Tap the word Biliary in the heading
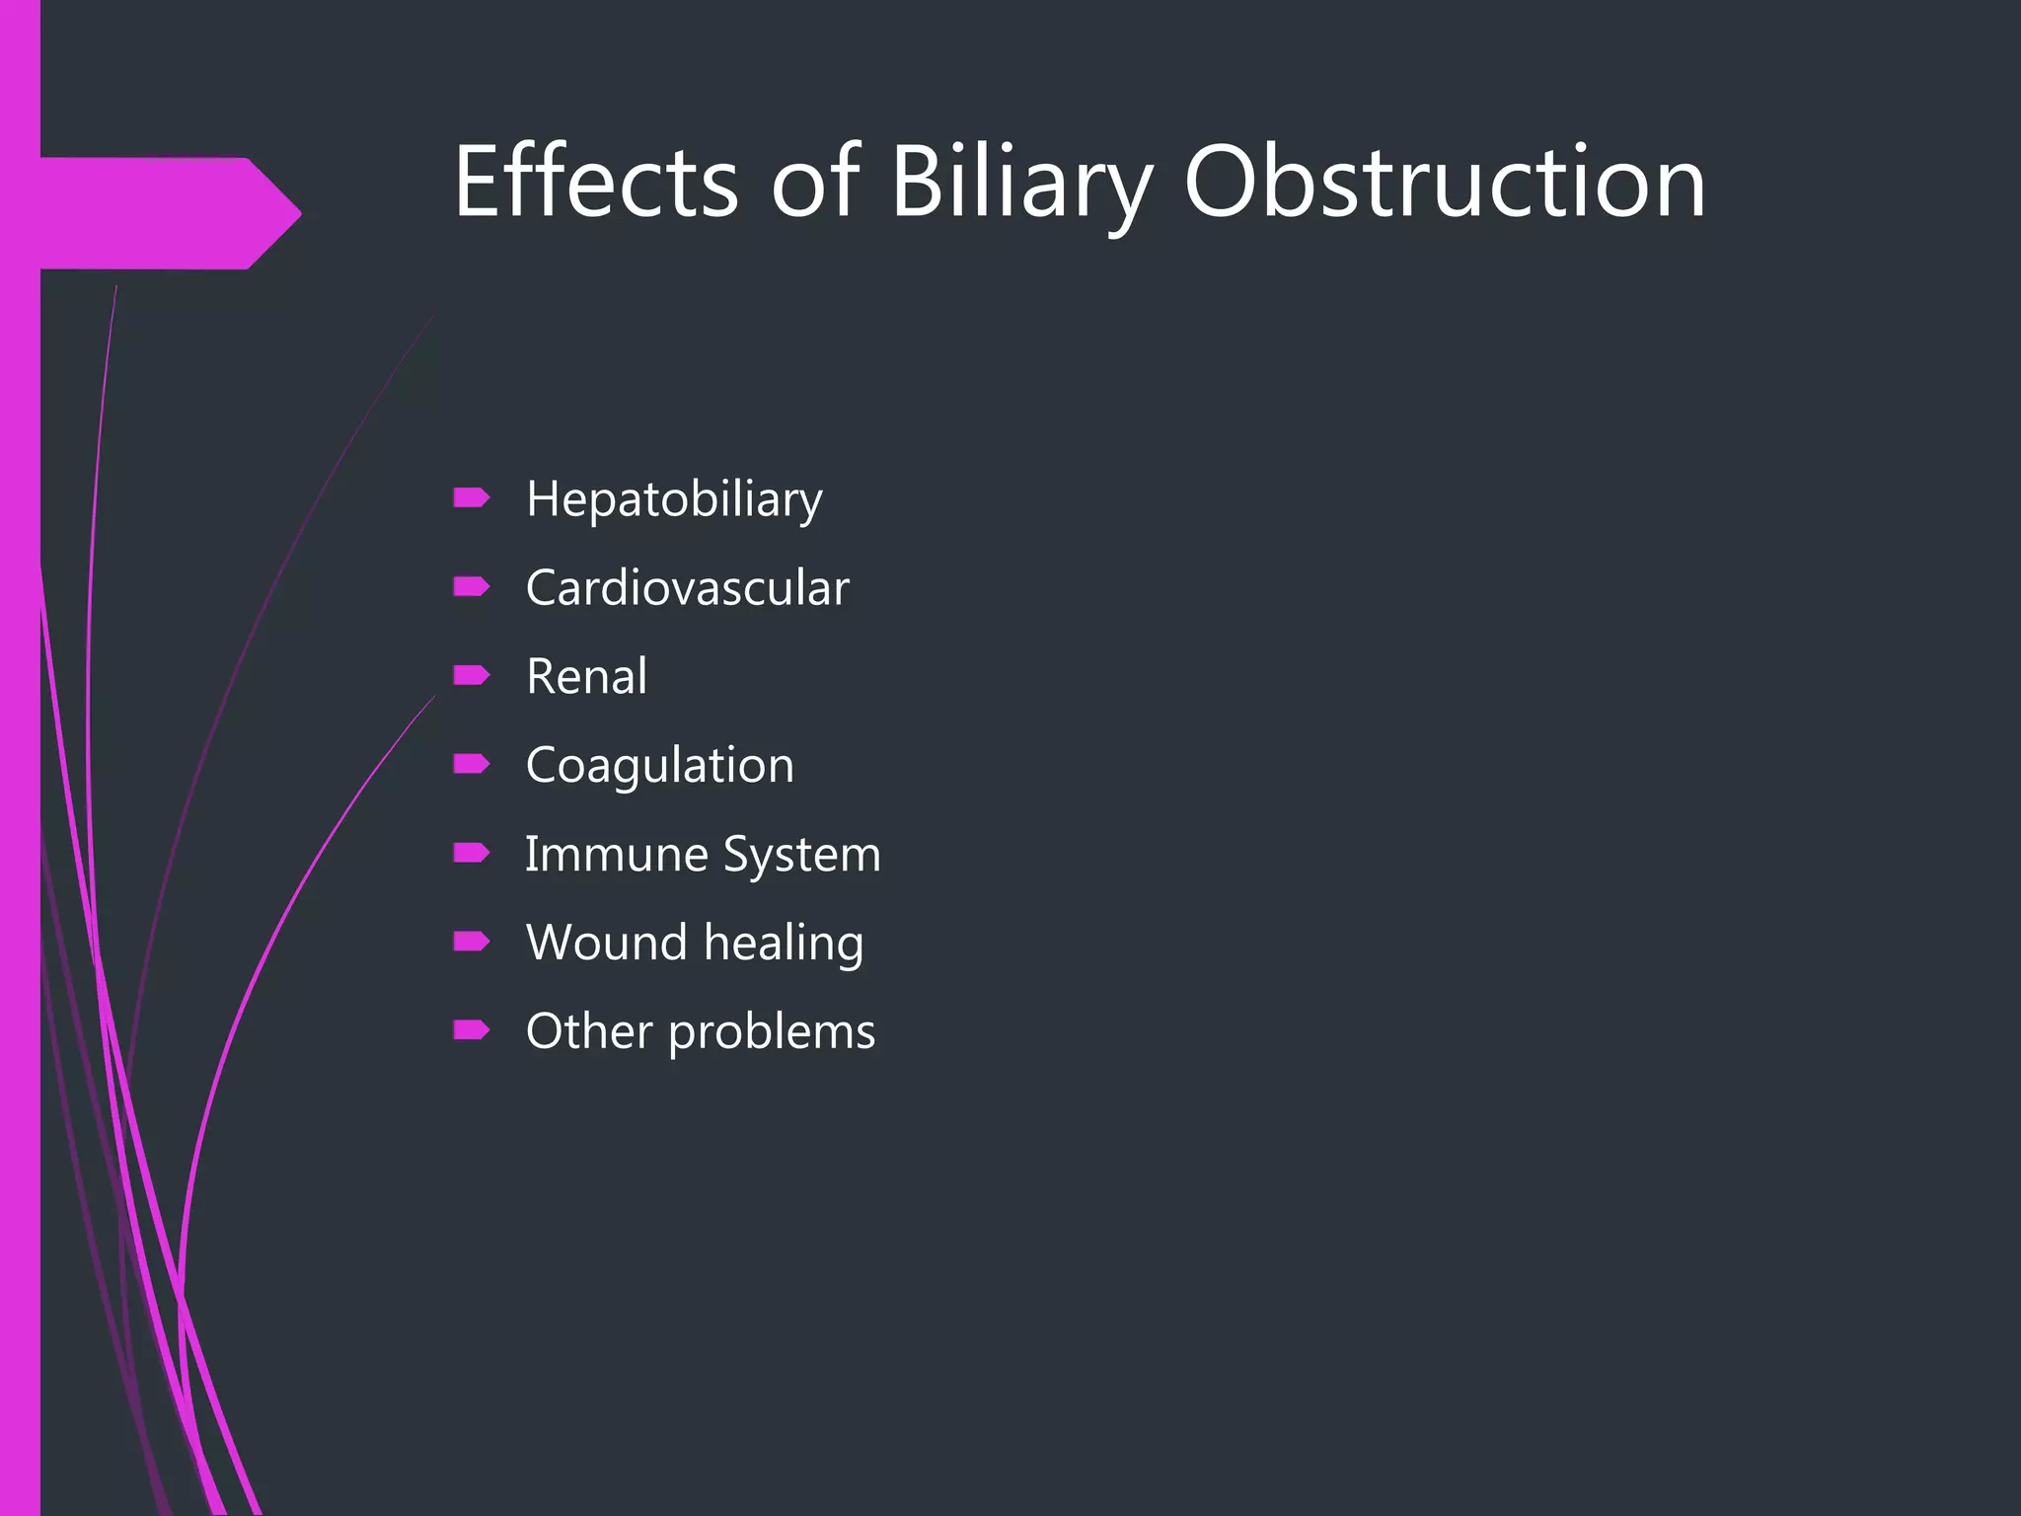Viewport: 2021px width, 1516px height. pos(1021,184)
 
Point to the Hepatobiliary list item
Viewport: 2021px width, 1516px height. pos(674,499)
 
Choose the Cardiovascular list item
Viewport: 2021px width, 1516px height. pos(687,588)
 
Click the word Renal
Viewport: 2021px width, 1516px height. pos(586,677)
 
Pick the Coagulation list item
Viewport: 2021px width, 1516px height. pos(659,766)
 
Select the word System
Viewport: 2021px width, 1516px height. pos(801,856)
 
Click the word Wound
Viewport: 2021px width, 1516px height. pos(606,943)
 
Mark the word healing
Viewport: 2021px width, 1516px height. pos(784,945)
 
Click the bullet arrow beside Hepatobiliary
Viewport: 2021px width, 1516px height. pos(471,497)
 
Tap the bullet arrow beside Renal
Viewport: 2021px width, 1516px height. pos(471,675)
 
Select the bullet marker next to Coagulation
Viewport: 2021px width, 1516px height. pos(471,764)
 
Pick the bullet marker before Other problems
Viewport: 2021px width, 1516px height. pos(471,1030)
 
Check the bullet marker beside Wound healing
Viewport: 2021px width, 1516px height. pos(471,942)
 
